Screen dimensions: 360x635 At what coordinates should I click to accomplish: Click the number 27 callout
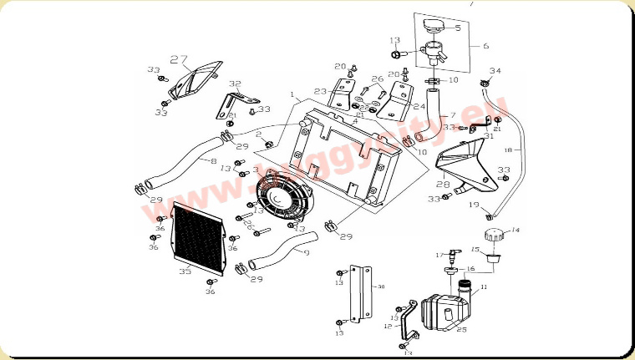(x=178, y=59)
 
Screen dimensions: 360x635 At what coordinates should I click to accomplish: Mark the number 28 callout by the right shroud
(x=443, y=185)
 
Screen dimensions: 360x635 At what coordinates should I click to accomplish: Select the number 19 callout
(x=473, y=205)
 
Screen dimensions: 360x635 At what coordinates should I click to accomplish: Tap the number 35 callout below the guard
(x=185, y=271)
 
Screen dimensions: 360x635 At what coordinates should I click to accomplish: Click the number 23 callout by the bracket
(x=320, y=91)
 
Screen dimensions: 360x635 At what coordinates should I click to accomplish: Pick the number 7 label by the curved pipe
(x=452, y=114)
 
